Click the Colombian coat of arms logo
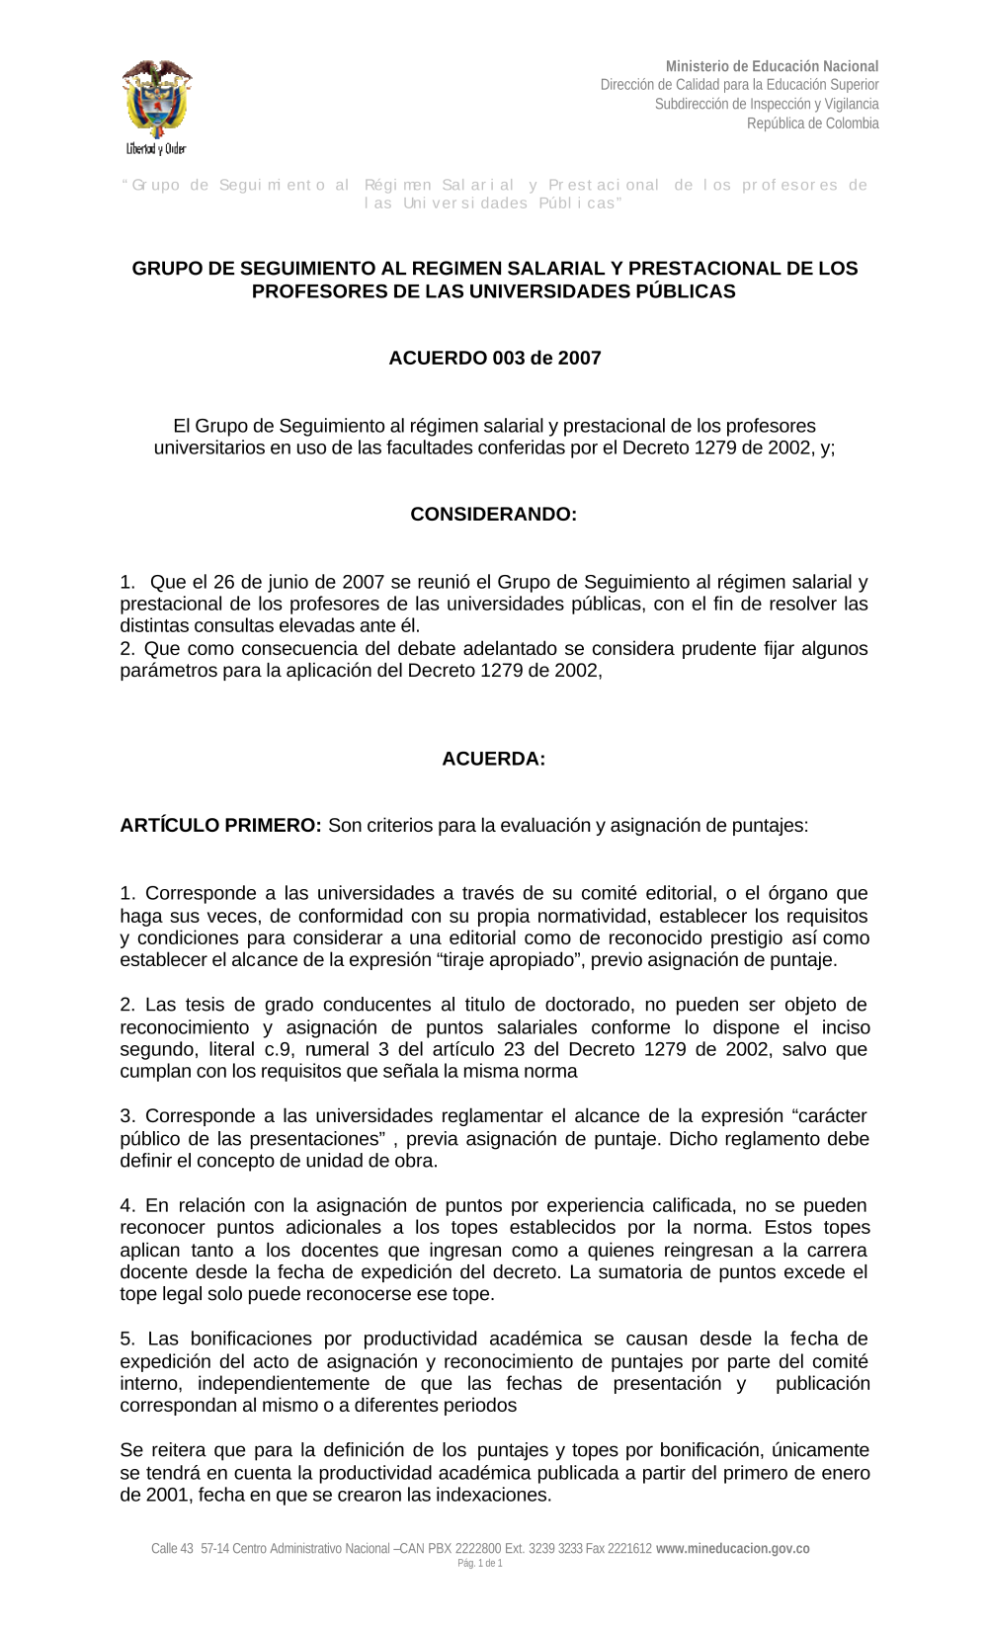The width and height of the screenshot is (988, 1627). coord(156,99)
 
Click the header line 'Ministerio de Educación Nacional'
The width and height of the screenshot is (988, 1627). coord(772,66)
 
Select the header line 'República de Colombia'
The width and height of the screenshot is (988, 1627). coord(812,123)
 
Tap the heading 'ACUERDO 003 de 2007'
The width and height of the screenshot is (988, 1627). coord(494,358)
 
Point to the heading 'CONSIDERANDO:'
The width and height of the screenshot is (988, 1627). coord(493,515)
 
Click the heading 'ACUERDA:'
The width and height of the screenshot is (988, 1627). coord(493,759)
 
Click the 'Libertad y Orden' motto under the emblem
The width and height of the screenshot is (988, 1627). coord(156,149)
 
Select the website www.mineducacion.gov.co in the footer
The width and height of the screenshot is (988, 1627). coord(733,1549)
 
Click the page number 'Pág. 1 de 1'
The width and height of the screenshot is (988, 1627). coord(480,1564)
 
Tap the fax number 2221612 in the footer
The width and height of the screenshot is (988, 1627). coord(630,1549)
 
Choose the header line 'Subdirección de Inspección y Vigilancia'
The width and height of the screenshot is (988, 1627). coord(766,104)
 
